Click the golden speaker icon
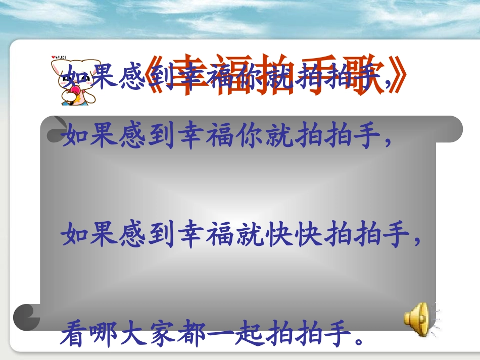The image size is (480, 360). coord(417,318)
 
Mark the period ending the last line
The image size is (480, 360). coord(358,340)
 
